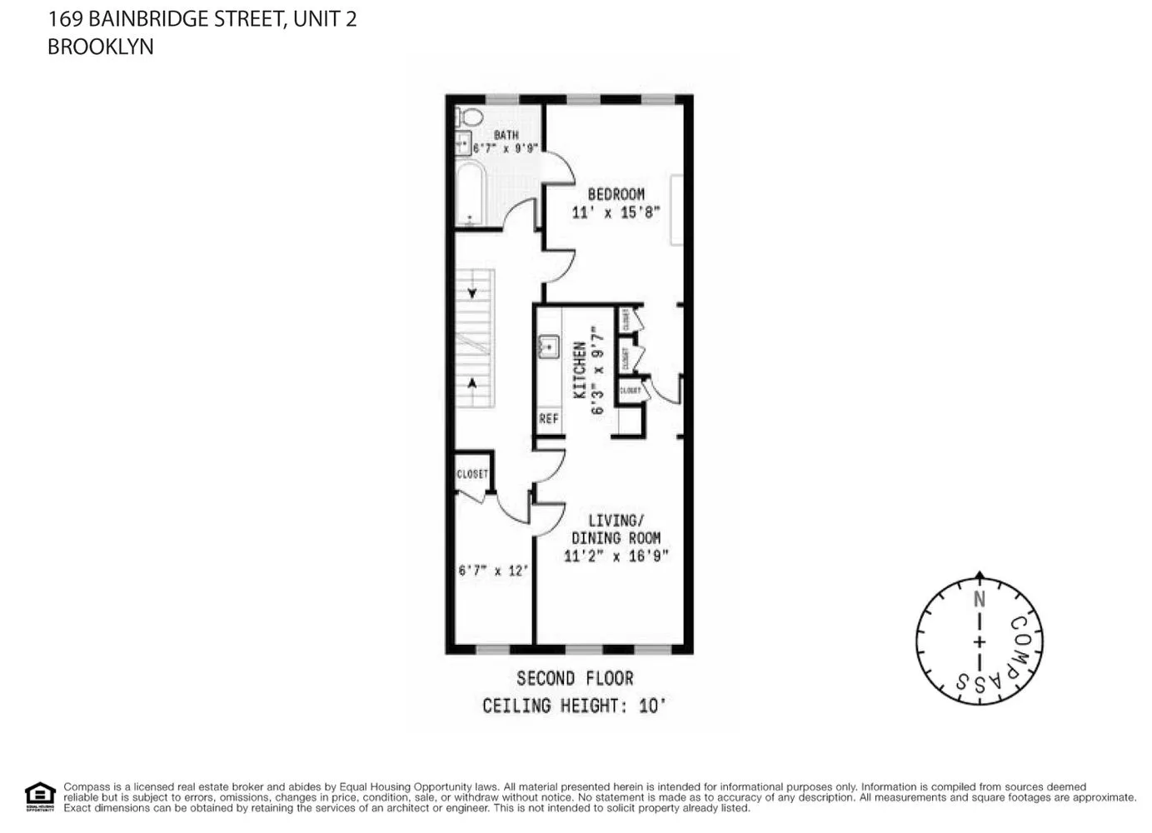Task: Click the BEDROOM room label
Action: click(x=616, y=194)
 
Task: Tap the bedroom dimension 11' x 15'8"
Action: click(x=616, y=212)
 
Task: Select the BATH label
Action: click(x=506, y=135)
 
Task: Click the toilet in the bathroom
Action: click(x=470, y=117)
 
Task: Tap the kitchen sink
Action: click(x=548, y=345)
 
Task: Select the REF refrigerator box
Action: click(x=548, y=419)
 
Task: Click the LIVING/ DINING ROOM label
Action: click(x=616, y=529)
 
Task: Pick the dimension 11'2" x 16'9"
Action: click(x=616, y=556)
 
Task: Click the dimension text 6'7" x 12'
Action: click(x=492, y=571)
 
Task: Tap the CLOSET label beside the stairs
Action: click(x=472, y=474)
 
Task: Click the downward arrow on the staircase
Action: click(x=472, y=293)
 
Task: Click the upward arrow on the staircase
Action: click(x=472, y=384)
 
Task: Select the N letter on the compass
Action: click(x=980, y=599)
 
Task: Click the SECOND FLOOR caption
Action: click(x=575, y=678)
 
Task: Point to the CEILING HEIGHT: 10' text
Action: click(x=575, y=706)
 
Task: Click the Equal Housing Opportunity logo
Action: click(x=39, y=796)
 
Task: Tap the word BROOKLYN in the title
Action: click(x=100, y=47)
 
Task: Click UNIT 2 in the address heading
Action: click(x=325, y=18)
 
